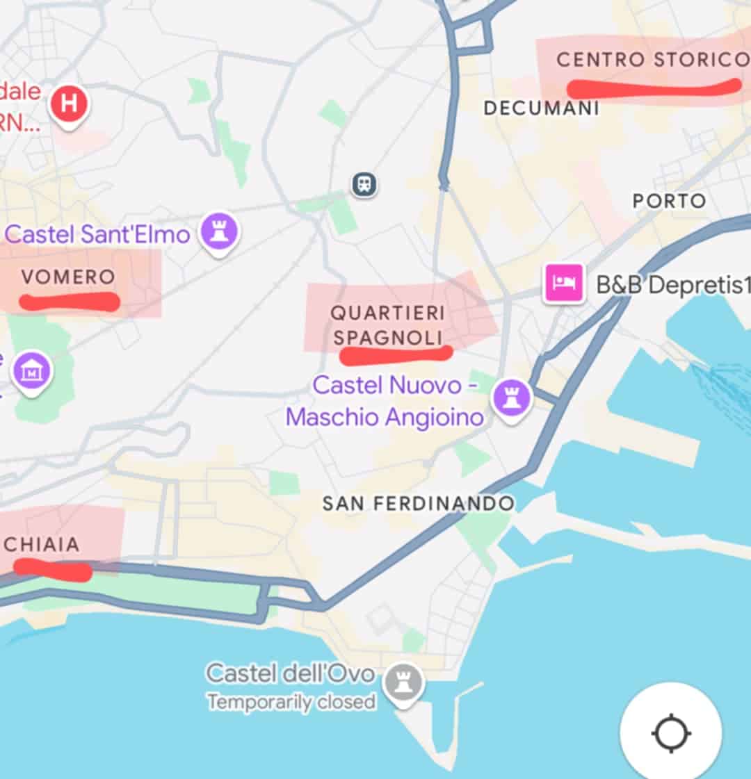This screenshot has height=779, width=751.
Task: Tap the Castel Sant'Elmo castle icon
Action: tap(220, 232)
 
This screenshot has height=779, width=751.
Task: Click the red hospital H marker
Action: tap(69, 104)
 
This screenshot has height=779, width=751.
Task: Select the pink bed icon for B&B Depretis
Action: tap(564, 283)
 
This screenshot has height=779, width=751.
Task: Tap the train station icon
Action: tap(364, 184)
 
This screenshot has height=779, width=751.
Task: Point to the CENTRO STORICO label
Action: tap(652, 60)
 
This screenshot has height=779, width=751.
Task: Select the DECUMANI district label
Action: tap(542, 108)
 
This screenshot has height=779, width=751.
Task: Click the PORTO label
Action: tap(669, 201)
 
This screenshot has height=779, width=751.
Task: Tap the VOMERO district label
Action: tap(68, 277)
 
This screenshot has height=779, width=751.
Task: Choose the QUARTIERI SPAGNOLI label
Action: tap(387, 325)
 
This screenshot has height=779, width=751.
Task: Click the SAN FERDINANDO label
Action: tap(419, 503)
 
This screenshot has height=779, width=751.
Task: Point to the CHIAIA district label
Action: tap(42, 544)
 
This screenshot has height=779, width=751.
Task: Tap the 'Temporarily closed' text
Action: tap(291, 702)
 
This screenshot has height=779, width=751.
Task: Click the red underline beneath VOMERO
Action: tap(69, 302)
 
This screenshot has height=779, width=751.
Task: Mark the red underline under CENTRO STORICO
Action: tap(654, 88)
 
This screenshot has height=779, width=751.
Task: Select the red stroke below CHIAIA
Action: tap(53, 570)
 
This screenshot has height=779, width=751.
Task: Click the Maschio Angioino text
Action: tap(385, 417)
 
